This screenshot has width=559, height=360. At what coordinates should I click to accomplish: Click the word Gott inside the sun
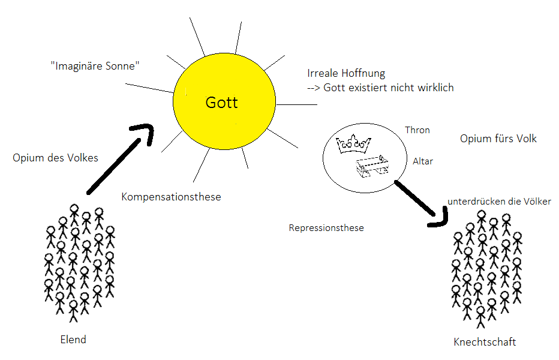pyautogui.click(x=221, y=103)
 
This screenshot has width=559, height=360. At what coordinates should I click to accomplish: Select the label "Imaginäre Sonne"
pyautogui.click(x=95, y=65)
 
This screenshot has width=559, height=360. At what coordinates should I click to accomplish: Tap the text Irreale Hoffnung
pyautogui.click(x=345, y=73)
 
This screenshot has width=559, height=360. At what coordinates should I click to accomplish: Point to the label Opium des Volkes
pyautogui.click(x=55, y=158)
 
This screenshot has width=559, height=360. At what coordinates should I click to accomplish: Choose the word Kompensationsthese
pyautogui.click(x=171, y=197)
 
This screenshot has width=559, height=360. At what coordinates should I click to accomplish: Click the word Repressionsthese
pyautogui.click(x=326, y=228)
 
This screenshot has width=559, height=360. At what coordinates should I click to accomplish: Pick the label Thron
pyautogui.click(x=417, y=130)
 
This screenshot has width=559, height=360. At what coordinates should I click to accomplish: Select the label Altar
pyautogui.click(x=423, y=161)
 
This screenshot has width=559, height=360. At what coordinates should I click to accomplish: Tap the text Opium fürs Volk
pyautogui.click(x=498, y=139)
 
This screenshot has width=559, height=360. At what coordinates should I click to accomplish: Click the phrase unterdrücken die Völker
pyautogui.click(x=499, y=202)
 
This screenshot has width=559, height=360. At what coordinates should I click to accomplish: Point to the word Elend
pyautogui.click(x=73, y=340)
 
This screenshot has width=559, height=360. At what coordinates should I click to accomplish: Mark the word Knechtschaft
pyautogui.click(x=485, y=342)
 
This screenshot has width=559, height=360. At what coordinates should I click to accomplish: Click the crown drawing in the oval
pyautogui.click(x=354, y=144)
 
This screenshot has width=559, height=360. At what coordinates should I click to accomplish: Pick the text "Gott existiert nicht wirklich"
pyautogui.click(x=388, y=88)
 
